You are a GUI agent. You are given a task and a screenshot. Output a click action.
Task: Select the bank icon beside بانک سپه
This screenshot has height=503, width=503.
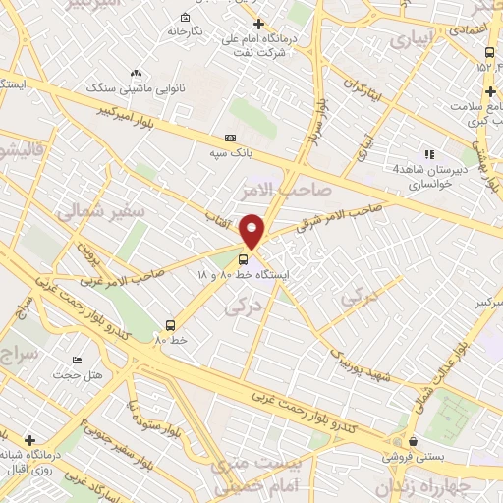(230, 139)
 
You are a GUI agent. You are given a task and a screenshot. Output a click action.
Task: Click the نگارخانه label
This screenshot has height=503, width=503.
(184, 31)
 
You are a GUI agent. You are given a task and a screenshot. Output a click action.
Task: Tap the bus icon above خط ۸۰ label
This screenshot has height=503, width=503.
(171, 324)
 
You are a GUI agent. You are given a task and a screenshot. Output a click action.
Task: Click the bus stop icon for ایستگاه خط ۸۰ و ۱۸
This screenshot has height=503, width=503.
(257, 258)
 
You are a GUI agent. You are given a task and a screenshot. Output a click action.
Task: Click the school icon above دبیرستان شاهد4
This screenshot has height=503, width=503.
(427, 154)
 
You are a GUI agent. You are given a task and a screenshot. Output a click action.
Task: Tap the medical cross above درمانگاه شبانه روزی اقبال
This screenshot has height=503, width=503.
(30, 439)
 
